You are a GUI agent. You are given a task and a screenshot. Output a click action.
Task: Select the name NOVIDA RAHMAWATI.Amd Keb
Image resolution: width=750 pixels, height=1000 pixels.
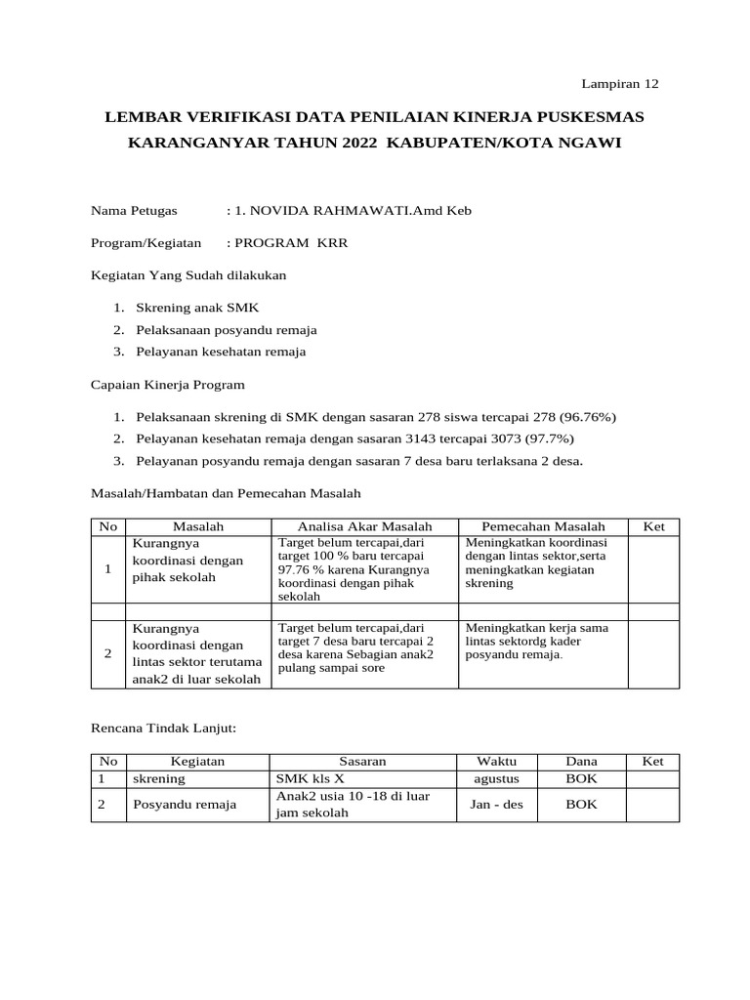[x=354, y=210]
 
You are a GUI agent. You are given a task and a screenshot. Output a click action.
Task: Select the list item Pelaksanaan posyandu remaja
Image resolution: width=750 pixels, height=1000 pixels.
[x=226, y=329]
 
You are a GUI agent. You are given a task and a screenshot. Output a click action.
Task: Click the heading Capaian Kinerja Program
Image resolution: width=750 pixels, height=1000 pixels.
[x=167, y=384]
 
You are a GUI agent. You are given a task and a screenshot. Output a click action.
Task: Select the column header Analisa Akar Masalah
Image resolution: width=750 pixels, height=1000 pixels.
[x=364, y=526]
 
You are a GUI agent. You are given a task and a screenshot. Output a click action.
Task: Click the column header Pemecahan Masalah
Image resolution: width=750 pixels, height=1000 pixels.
[x=542, y=526]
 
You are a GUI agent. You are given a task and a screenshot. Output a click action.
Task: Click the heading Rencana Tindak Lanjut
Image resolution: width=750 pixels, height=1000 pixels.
[x=164, y=728]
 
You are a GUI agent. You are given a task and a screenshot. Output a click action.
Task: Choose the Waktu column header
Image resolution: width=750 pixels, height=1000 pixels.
[x=496, y=761]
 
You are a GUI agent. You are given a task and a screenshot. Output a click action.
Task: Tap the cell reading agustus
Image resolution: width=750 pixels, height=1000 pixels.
[x=496, y=779]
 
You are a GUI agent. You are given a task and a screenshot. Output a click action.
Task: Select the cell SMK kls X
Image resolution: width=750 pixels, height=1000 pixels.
[x=312, y=779]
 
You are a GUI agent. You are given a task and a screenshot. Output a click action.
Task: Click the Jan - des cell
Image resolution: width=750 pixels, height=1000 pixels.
[x=496, y=805]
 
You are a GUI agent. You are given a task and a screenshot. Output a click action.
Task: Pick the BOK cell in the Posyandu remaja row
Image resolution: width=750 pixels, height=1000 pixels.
[x=583, y=805]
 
